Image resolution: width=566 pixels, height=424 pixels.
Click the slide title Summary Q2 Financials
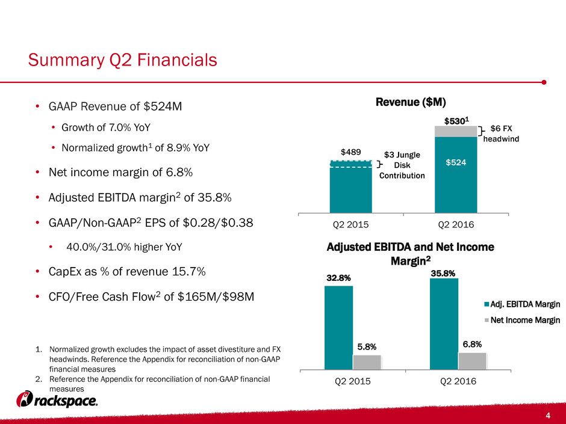122,60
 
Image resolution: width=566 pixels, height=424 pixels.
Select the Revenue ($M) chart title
411,102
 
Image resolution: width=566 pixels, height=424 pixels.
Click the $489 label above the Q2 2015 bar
351,152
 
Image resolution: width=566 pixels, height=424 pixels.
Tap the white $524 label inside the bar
456,162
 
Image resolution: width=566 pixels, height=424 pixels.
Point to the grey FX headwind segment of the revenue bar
456,131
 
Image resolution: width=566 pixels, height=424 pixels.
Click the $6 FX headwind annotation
501,134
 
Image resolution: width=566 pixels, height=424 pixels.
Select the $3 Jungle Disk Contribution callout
402,165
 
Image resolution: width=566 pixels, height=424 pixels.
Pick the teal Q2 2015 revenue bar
351,187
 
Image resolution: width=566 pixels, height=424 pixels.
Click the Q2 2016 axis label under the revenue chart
456,224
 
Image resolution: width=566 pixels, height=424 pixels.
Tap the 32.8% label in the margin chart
338,278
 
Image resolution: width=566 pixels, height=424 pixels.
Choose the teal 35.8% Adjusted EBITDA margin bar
444,324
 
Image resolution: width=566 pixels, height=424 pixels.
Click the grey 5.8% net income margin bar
367,362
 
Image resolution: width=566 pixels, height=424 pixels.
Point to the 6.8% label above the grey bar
472,345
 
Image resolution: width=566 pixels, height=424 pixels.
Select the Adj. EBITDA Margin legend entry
522,304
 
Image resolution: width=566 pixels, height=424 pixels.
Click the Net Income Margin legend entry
522,320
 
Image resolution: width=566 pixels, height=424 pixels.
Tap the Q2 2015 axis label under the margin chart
353,381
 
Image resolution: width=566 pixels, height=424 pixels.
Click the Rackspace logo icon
25,399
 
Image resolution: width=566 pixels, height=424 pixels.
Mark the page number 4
549,416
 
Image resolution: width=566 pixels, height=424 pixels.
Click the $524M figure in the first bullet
163,106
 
